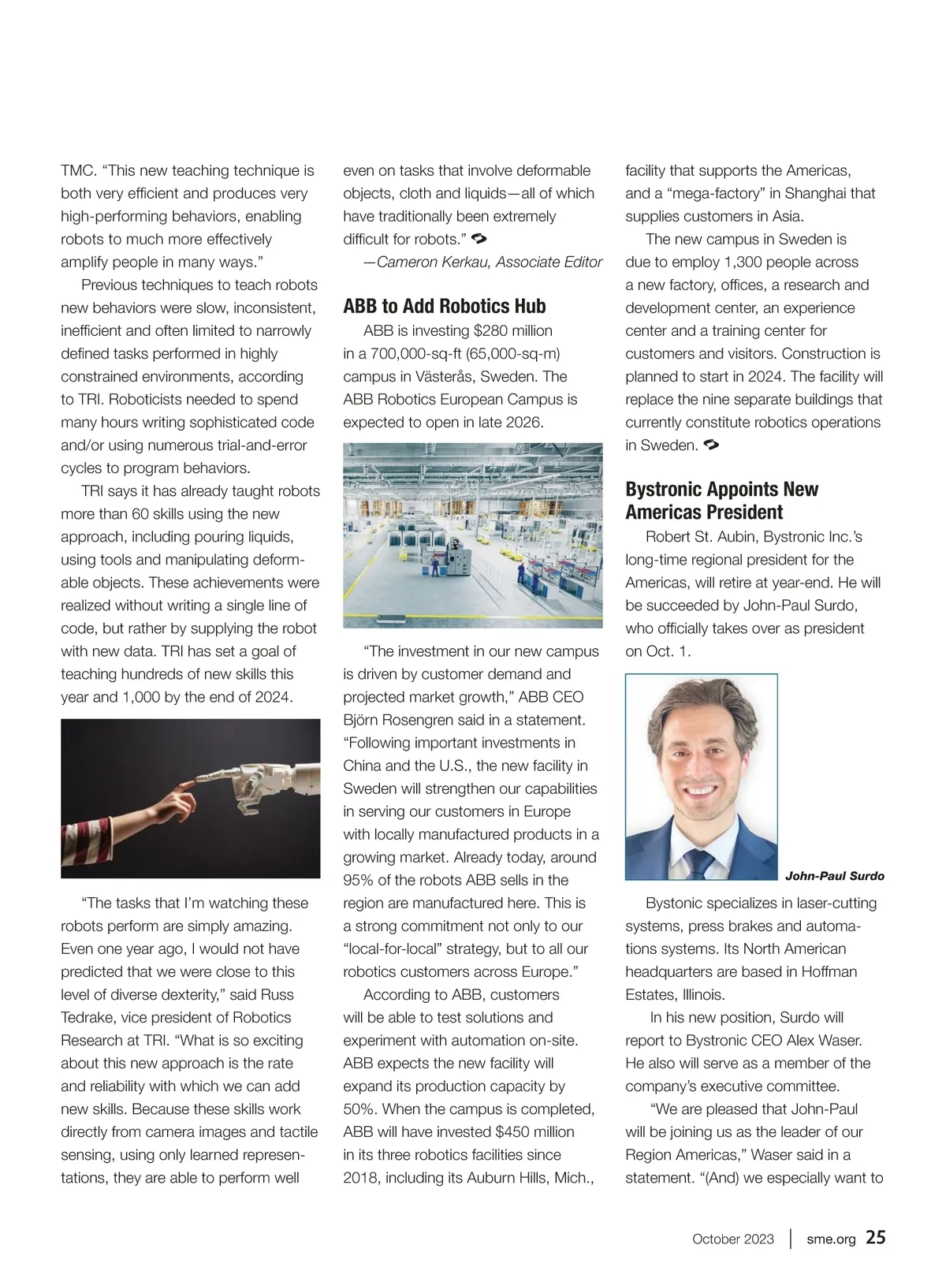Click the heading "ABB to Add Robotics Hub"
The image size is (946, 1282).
tap(444, 306)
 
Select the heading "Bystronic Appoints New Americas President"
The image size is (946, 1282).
tap(721, 501)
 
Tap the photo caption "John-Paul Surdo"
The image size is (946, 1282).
tap(834, 876)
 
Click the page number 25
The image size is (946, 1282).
tap(876, 1237)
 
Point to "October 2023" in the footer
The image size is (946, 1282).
tap(732, 1239)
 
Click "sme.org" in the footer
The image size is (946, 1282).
tap(831, 1239)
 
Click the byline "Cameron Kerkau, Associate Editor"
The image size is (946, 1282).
tap(489, 262)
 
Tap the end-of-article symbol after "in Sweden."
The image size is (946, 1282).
tap(710, 445)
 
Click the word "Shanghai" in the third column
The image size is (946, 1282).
tap(817, 193)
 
